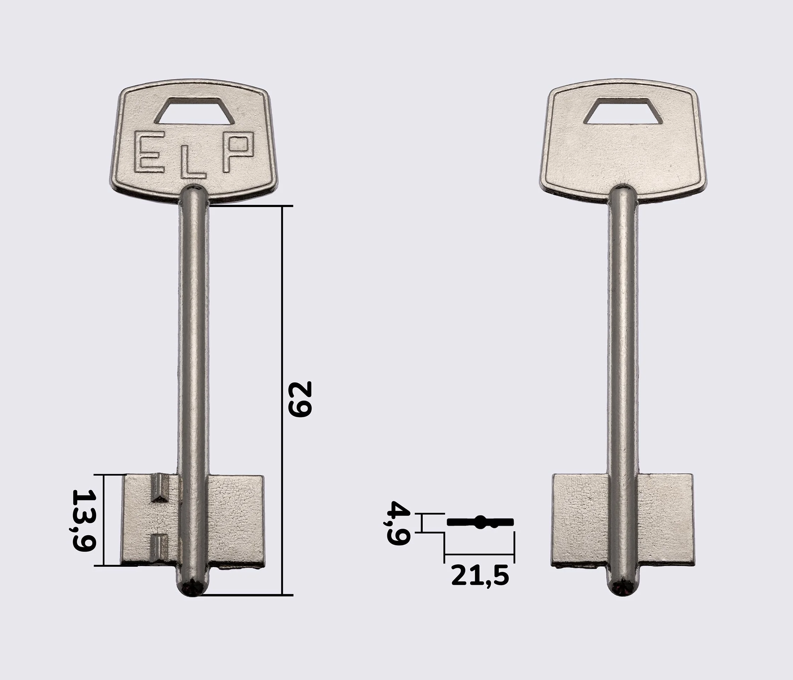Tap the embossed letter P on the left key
click(x=236, y=151)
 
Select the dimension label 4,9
click(x=398, y=523)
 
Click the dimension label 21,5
click(x=480, y=576)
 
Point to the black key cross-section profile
click(x=480, y=522)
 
